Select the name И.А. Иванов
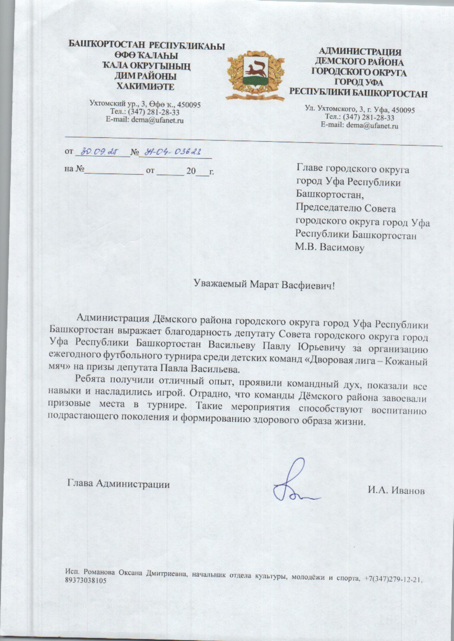click(396, 490)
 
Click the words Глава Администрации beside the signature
click(119, 484)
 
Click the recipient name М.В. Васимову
click(330, 248)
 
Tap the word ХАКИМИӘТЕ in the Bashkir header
click(145, 87)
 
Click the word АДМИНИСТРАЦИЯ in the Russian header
click(360, 52)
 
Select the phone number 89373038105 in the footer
click(86, 581)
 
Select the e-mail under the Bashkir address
click(145, 120)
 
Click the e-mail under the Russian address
click(359, 126)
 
